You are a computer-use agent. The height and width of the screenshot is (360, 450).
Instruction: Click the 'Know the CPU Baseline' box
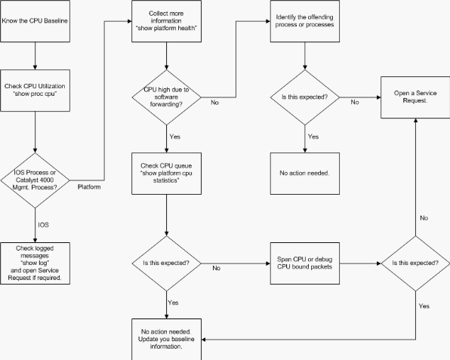[x=35, y=21]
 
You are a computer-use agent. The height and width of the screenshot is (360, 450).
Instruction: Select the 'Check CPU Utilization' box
[x=35, y=91]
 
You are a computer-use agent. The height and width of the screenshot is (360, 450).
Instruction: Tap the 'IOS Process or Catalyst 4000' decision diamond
[x=35, y=180]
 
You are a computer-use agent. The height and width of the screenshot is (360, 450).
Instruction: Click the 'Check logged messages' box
[x=35, y=263]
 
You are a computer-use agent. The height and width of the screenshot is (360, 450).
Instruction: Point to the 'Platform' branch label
[x=89, y=187]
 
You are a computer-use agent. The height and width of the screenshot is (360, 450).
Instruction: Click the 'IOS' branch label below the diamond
[x=44, y=225]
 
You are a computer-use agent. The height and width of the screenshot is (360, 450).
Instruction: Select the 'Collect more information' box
[x=166, y=21]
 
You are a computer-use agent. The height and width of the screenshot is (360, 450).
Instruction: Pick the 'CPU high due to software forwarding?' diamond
[x=166, y=97]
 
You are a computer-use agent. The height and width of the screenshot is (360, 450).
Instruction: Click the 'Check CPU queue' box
[x=166, y=174]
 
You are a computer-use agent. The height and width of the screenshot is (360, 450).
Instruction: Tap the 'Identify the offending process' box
[x=305, y=21]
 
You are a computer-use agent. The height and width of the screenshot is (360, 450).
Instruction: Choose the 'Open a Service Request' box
[x=415, y=97]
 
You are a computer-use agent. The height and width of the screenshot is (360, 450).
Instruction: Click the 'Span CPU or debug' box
[x=305, y=263]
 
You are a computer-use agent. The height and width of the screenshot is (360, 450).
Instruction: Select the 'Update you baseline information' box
[x=166, y=339]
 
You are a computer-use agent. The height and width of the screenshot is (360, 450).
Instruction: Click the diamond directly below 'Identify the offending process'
[x=305, y=97]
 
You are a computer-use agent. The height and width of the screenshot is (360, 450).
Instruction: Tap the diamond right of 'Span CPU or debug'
[x=415, y=263]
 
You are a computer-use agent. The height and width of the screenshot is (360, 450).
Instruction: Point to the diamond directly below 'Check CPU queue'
[x=166, y=263]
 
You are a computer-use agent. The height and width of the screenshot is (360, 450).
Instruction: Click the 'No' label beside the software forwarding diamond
[x=214, y=103]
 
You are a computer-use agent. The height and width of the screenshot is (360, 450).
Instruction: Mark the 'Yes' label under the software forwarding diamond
[x=174, y=137]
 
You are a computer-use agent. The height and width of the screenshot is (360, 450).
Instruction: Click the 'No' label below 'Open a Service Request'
[x=424, y=218]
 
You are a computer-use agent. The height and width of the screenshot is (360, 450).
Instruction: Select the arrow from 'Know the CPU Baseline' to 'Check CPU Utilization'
[x=35, y=56]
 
